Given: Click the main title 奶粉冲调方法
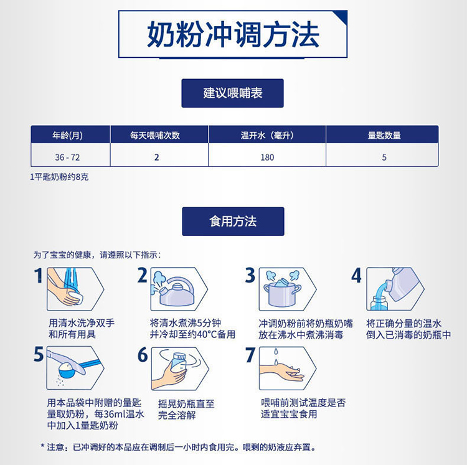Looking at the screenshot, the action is pyautogui.click(x=233, y=34).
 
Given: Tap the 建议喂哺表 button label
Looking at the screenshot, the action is pyautogui.click(x=233, y=93).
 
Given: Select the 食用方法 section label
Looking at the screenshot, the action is pyautogui.click(x=233, y=221).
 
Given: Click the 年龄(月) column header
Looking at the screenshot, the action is pyautogui.click(x=68, y=136).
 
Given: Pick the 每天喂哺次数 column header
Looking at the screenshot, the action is pyautogui.click(x=155, y=136).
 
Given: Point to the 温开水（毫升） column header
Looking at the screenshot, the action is pyautogui.click(x=267, y=136).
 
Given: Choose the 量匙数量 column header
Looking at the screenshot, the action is pyautogui.click(x=384, y=136).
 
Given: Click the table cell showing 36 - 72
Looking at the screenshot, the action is pyautogui.click(x=68, y=157).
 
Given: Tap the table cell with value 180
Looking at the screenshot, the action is pyautogui.click(x=267, y=157).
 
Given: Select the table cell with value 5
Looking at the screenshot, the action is pyautogui.click(x=384, y=157).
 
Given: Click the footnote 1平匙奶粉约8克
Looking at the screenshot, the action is pyautogui.click(x=59, y=177).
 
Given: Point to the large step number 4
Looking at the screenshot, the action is pyautogui.click(x=357, y=275).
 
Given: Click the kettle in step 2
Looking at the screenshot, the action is pyautogui.click(x=176, y=292).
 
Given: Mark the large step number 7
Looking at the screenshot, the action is pyautogui.click(x=250, y=355).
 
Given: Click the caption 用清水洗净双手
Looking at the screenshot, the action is pyautogui.click(x=82, y=323).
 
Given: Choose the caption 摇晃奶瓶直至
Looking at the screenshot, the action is pyautogui.click(x=186, y=403).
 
